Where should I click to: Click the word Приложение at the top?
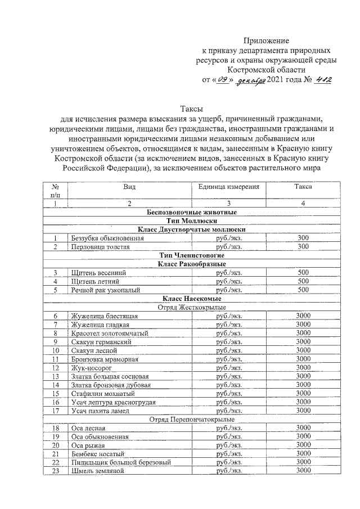click(266, 40)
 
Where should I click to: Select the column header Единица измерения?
click(228, 186)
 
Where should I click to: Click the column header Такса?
click(303, 186)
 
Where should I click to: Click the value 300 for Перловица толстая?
click(303, 246)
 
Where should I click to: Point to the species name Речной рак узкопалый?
click(104, 290)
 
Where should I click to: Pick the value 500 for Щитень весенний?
click(303, 273)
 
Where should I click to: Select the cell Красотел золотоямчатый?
click(109, 333)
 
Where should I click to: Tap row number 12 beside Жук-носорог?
click(56, 367)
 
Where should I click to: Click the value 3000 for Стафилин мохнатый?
click(303, 393)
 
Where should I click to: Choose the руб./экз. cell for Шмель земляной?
click(228, 470)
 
